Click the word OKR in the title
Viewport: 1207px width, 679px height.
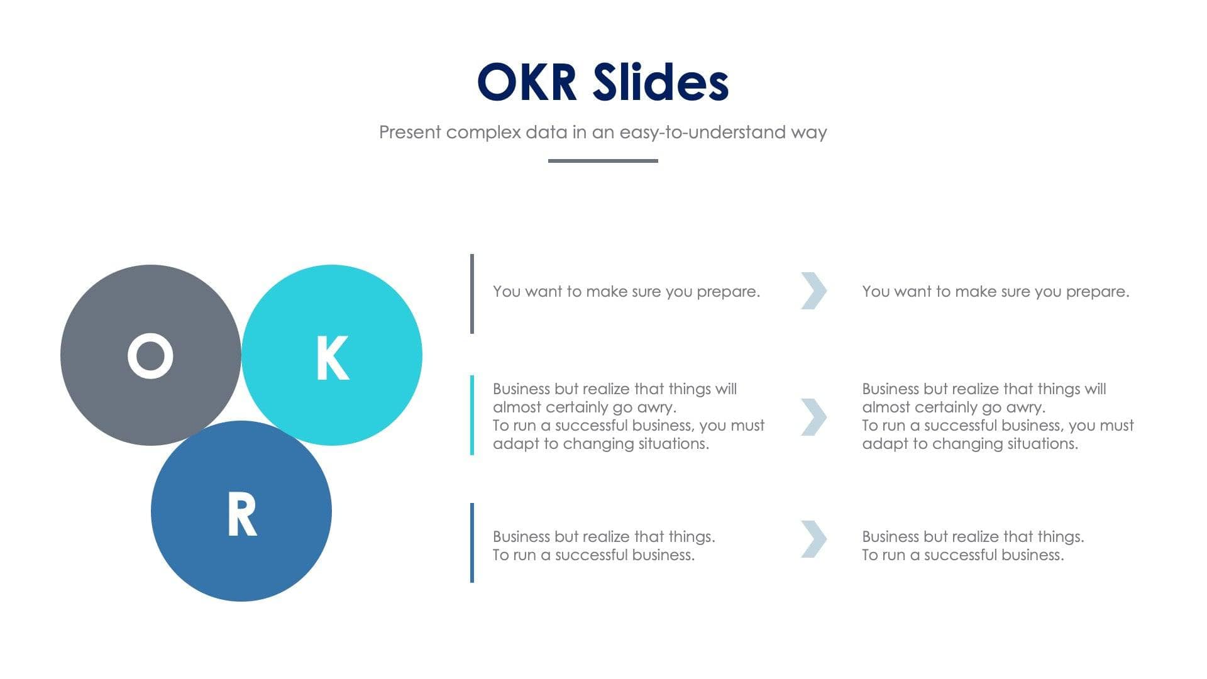(527, 82)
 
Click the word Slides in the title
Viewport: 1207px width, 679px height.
(661, 82)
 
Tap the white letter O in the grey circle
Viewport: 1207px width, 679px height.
(150, 356)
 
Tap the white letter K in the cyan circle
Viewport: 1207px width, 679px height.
(332, 358)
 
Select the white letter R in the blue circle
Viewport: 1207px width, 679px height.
(242, 514)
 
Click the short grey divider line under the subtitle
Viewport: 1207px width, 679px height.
(603, 161)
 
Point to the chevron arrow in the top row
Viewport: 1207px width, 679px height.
(813, 290)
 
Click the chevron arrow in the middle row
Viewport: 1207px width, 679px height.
(813, 416)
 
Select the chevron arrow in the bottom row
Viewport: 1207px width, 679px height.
(813, 539)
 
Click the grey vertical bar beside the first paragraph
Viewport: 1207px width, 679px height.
(472, 294)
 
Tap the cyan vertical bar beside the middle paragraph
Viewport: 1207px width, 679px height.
(472, 415)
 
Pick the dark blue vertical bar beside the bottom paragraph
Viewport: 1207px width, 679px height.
(472, 543)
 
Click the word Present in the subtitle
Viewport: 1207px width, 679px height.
(409, 133)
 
